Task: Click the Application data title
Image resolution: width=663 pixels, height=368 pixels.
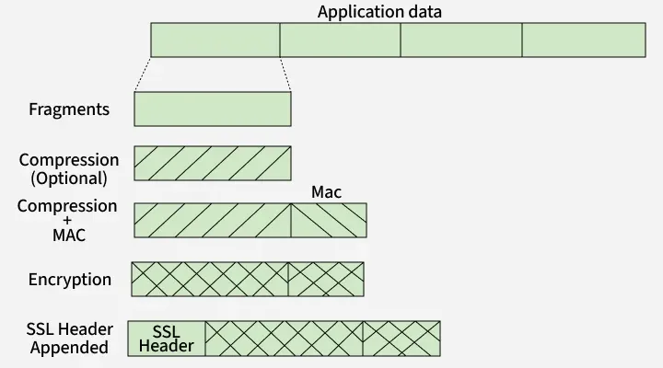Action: (x=379, y=12)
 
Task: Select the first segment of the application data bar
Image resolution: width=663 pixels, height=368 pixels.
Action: (x=215, y=40)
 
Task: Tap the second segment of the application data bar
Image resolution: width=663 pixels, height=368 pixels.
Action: (x=340, y=40)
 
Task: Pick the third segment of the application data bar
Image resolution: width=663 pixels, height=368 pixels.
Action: (x=461, y=40)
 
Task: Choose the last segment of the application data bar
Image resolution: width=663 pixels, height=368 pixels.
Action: (x=583, y=40)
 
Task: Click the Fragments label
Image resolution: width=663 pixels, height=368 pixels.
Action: (x=69, y=109)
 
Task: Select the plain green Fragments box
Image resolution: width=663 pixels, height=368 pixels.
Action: (x=213, y=109)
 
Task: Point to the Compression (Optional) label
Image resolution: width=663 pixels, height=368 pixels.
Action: (x=69, y=169)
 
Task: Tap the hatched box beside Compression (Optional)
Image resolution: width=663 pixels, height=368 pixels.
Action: (x=213, y=163)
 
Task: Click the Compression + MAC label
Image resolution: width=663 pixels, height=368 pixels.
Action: (x=67, y=220)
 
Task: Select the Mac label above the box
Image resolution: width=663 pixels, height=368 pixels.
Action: (x=326, y=191)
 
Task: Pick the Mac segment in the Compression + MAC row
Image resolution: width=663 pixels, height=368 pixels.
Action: (x=329, y=221)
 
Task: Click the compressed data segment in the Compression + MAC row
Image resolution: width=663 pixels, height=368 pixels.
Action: (x=213, y=221)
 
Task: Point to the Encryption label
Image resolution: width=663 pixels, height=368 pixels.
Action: (x=70, y=280)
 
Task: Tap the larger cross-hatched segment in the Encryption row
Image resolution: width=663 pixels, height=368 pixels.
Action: (x=210, y=280)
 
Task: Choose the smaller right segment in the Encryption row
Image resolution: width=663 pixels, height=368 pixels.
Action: (x=326, y=280)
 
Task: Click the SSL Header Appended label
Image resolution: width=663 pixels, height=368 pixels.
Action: (x=69, y=339)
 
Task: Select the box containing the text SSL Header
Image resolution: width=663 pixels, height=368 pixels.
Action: (x=167, y=339)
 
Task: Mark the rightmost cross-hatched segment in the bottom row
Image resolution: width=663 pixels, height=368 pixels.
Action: (x=401, y=339)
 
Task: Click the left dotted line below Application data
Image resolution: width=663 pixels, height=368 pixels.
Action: (x=143, y=75)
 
